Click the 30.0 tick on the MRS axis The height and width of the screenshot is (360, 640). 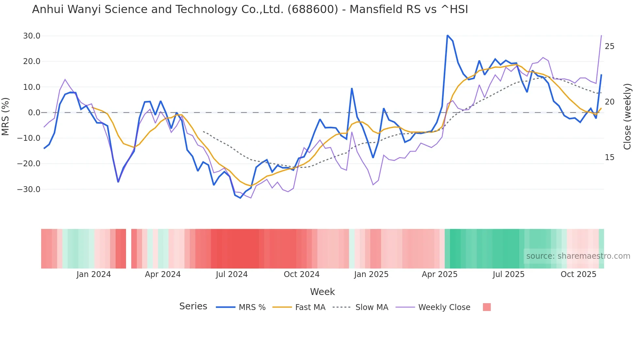31,36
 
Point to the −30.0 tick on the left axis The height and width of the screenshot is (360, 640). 29,189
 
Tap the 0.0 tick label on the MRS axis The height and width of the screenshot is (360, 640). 34,113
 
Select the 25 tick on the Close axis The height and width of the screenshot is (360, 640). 609,46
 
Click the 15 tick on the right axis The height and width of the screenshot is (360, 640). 609,157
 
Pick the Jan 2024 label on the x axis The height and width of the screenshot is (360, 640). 94,274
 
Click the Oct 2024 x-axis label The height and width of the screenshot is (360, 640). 301,274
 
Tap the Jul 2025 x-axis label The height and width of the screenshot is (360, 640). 508,274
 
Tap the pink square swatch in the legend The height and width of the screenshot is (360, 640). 487,307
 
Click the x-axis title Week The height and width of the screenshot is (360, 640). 322,292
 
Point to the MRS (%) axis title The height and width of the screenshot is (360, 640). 6,116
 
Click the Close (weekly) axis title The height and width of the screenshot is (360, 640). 627,117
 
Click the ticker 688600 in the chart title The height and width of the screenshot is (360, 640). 313,9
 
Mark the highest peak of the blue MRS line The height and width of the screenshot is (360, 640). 447,35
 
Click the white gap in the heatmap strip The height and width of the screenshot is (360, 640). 129,249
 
